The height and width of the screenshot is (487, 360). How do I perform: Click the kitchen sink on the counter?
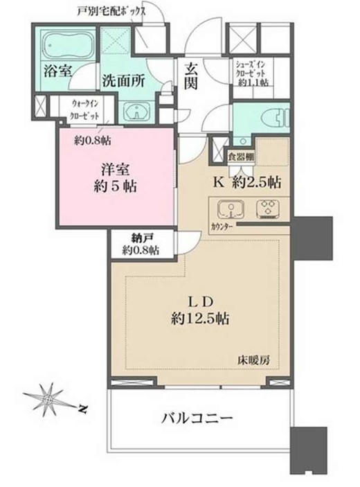point(231,209)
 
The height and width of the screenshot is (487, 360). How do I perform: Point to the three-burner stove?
point(267,209)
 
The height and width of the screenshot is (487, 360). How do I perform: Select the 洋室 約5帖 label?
point(115,178)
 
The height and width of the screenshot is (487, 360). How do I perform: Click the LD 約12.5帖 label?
point(200,310)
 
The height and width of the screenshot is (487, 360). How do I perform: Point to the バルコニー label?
point(197,418)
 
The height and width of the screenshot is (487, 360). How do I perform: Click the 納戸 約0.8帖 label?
point(141,244)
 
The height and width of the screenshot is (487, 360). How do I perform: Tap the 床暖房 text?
point(254,360)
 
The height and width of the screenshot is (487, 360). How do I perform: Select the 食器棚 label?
point(241,157)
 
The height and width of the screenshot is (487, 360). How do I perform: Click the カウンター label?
point(222,227)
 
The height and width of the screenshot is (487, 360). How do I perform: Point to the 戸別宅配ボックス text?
point(111,11)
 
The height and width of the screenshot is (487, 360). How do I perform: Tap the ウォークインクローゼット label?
point(84,109)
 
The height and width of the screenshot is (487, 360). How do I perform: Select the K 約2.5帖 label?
point(247,182)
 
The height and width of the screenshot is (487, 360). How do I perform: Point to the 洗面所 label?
point(123,81)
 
